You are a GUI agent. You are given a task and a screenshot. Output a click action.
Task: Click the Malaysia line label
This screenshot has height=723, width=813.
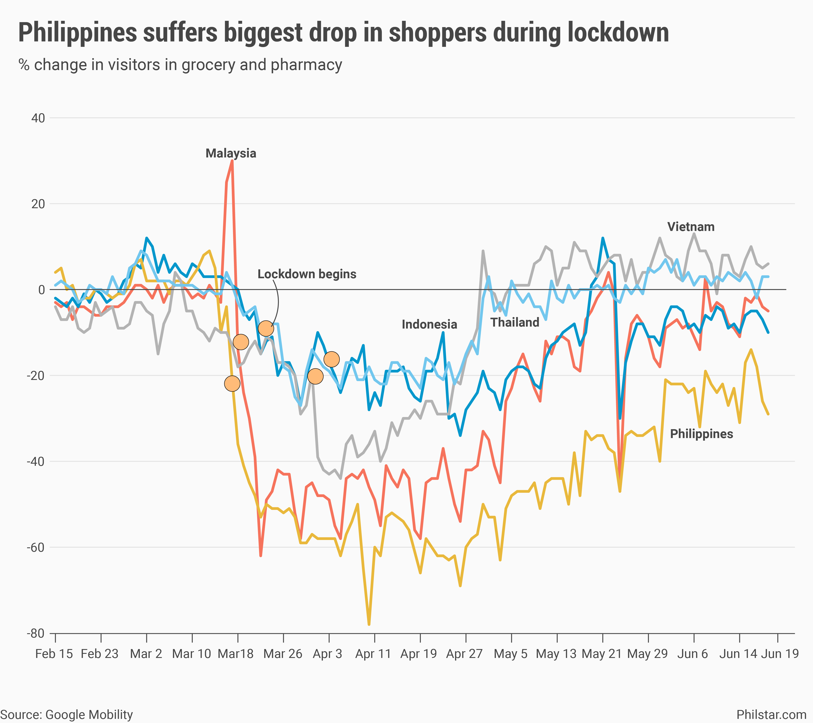231,153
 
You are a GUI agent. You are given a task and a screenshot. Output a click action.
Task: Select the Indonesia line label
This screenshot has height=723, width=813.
429,324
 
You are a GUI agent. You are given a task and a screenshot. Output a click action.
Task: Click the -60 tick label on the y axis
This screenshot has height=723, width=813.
36,548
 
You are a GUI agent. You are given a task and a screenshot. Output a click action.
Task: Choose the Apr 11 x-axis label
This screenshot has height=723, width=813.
373,654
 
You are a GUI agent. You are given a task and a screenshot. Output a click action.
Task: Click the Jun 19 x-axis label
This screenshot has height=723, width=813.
780,654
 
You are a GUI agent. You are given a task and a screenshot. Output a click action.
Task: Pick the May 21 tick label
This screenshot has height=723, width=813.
601,654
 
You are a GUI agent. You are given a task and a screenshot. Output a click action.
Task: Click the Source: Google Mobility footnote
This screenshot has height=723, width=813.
67,715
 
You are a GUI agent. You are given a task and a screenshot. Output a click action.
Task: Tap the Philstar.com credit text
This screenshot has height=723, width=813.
771,715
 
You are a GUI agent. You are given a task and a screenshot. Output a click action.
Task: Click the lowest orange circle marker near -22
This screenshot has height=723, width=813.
232,384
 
